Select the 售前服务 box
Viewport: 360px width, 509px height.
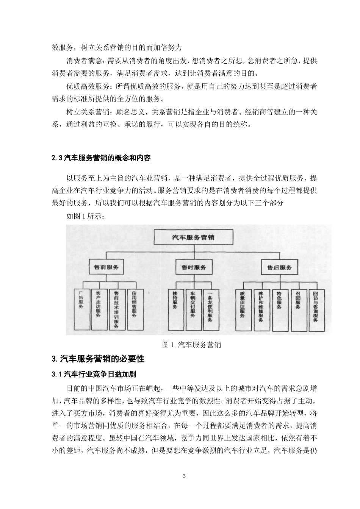click(x=106, y=267)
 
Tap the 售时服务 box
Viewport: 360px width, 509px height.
click(x=194, y=267)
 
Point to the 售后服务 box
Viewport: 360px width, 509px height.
click(x=280, y=267)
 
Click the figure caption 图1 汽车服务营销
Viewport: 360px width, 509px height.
click(x=191, y=345)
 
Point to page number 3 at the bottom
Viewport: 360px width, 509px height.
click(x=184, y=476)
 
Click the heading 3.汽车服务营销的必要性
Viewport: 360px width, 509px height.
click(x=98, y=359)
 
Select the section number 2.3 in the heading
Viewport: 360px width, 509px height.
click(x=56, y=158)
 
